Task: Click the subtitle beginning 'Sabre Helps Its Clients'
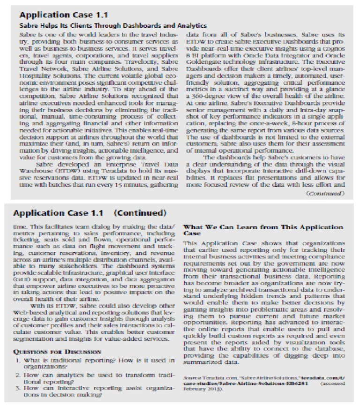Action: (x=112, y=26)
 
